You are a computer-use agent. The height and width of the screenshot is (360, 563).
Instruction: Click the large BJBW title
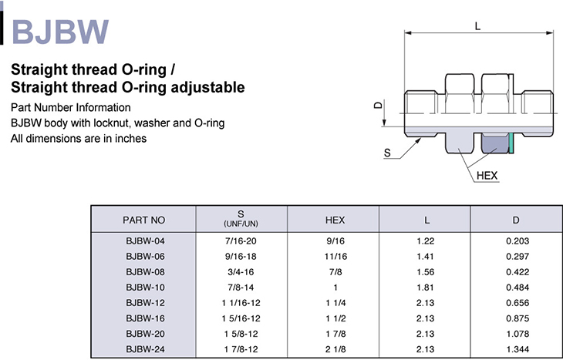[60, 32]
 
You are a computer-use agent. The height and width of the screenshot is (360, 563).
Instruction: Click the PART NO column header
[143, 220]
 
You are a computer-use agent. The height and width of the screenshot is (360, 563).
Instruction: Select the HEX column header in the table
[335, 220]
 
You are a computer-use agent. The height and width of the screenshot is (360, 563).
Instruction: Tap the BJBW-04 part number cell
[145, 241]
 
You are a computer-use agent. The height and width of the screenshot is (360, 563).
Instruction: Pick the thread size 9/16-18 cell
[241, 256]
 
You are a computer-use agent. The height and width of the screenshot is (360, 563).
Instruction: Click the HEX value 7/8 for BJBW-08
[335, 271]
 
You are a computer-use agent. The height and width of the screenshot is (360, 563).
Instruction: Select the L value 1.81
[425, 287]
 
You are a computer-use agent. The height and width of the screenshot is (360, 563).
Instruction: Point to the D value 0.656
[517, 303]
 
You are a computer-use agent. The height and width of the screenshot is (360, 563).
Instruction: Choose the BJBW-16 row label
[145, 318]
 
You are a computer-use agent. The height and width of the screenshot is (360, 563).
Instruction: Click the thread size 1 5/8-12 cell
[241, 334]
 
